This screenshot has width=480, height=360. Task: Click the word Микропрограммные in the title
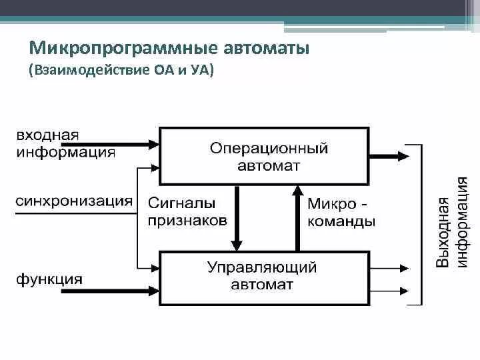[106, 48]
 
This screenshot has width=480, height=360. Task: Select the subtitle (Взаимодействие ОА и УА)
[121, 70]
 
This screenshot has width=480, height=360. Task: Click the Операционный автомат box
[263, 156]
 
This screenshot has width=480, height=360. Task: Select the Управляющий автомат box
[263, 278]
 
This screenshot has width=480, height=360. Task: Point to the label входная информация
[65, 143]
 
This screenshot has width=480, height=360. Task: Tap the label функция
[49, 279]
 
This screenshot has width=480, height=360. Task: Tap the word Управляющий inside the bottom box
[262, 269]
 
